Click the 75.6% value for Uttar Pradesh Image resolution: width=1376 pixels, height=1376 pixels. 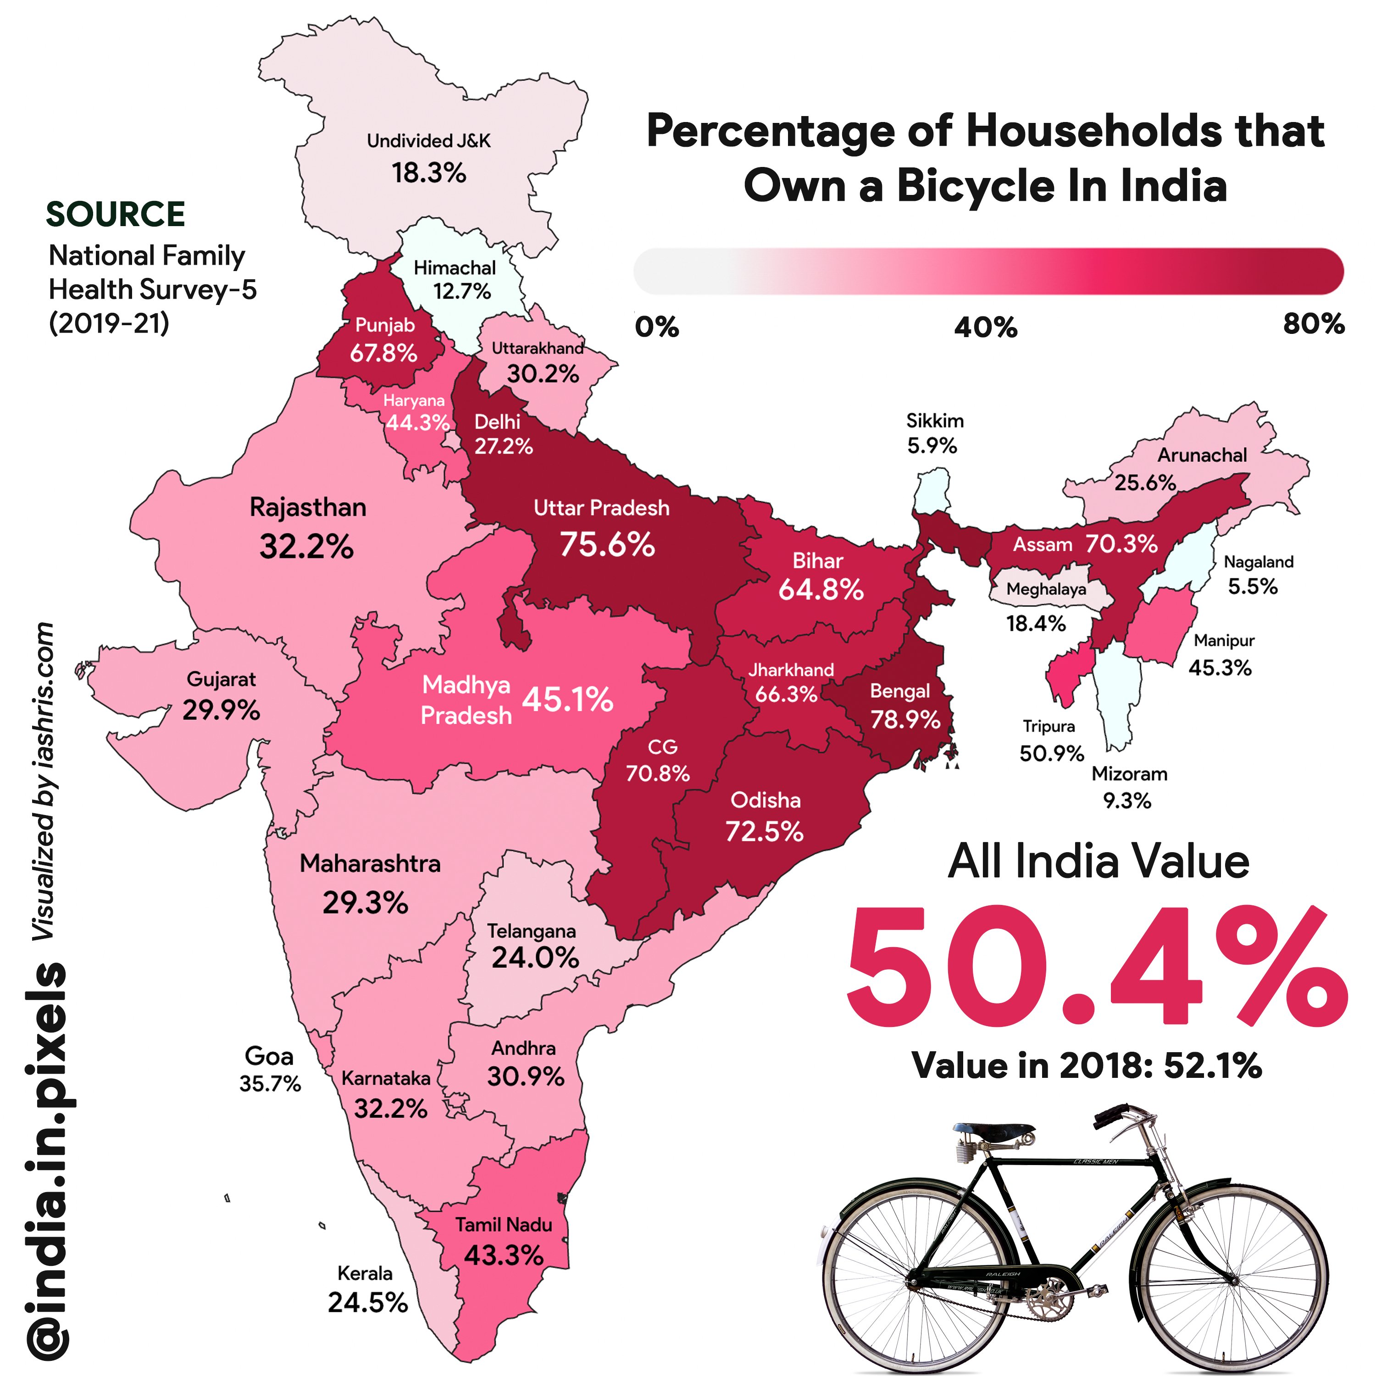click(607, 545)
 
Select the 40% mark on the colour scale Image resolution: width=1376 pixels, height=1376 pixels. click(986, 327)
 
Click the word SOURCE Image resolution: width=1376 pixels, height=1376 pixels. click(116, 214)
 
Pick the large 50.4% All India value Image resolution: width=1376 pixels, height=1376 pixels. click(1097, 967)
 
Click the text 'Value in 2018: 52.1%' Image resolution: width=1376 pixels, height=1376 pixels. click(1087, 1066)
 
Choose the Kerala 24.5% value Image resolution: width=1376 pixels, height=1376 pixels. click(367, 1303)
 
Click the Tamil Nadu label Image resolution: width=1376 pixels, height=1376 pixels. click(504, 1224)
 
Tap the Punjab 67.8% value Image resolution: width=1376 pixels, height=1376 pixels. click(383, 353)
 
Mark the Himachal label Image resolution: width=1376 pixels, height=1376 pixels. click(455, 268)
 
